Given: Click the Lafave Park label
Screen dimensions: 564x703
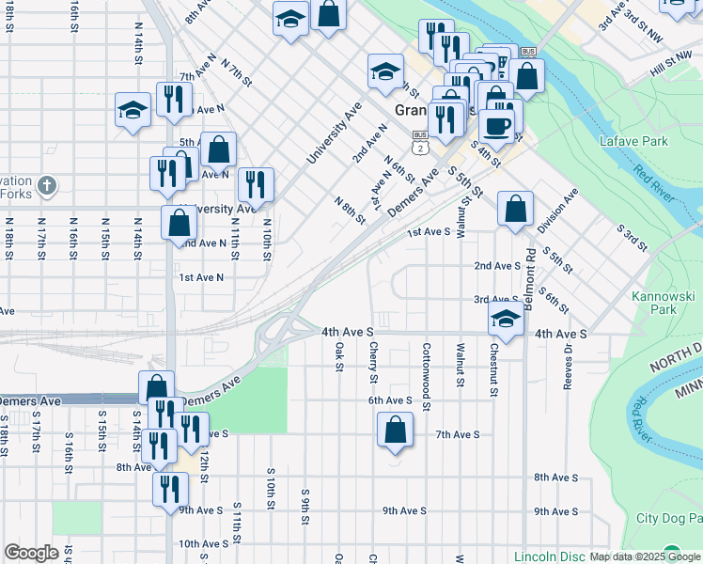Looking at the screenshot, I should [633, 141].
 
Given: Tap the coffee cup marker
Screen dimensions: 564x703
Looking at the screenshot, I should [497, 125].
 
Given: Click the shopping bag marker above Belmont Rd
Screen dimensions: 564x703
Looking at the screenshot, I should [515, 210].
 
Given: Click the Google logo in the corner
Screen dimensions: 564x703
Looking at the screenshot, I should [31, 553].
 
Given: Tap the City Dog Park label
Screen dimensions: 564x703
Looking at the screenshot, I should [668, 518].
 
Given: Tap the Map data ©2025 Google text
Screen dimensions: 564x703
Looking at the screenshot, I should [645, 556].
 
